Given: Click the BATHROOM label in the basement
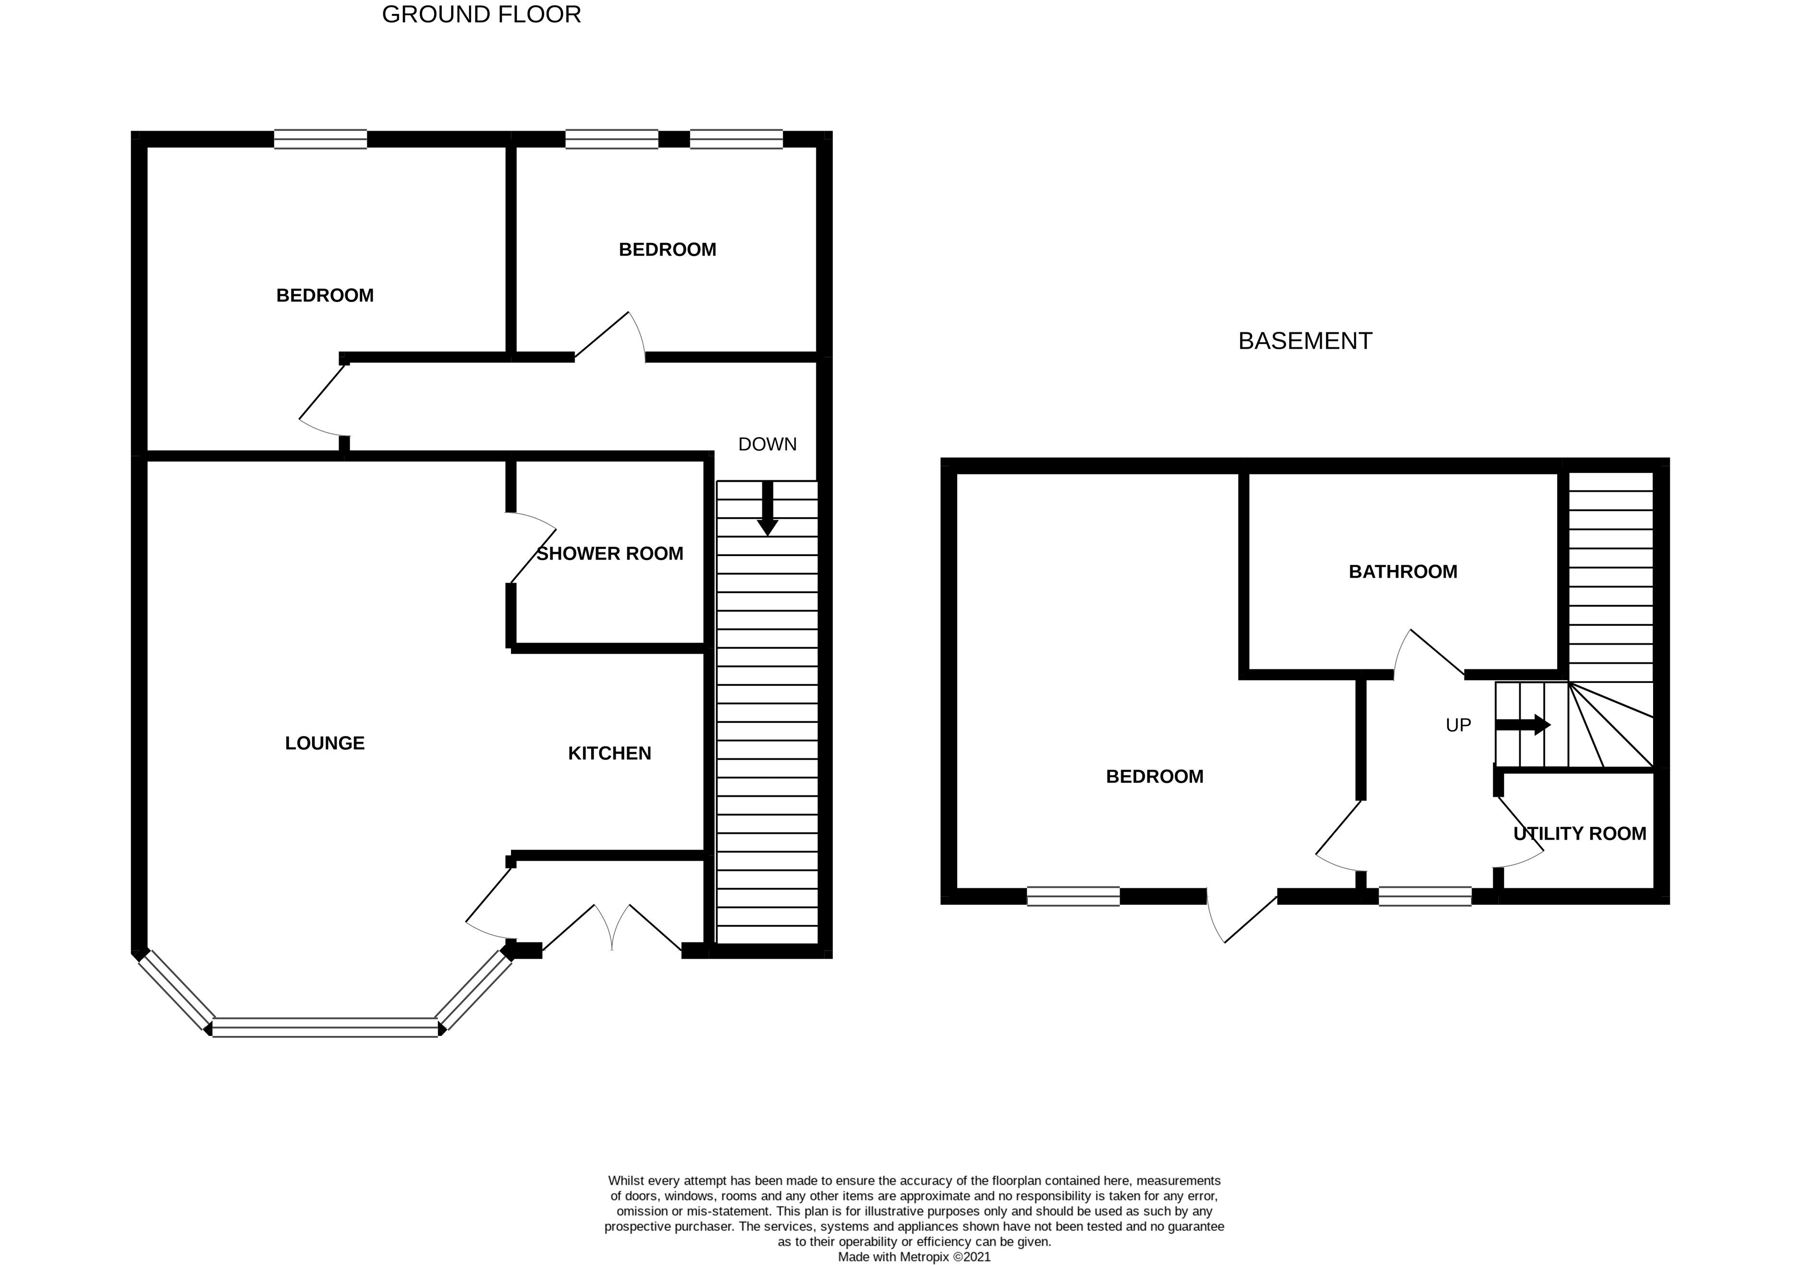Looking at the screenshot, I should coord(1402,572).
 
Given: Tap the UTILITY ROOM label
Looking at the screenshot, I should coord(1579,834).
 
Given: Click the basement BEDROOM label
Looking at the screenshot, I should coord(1154,777).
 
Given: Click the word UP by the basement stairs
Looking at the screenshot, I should coord(1458,726).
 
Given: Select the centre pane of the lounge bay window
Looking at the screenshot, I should coord(325,1027).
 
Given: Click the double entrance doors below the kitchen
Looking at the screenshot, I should coord(612,929).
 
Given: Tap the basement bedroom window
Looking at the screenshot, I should coord(1072,896).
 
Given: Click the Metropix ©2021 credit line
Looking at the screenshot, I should coord(914,1256).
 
